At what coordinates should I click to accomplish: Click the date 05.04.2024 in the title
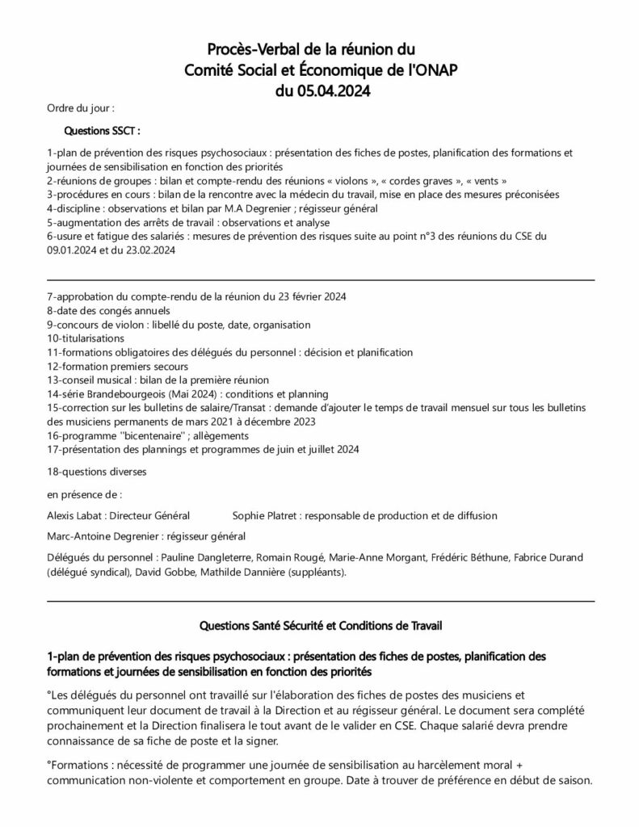pos(334,91)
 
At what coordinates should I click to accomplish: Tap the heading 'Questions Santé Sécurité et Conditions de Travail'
pos(320,625)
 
